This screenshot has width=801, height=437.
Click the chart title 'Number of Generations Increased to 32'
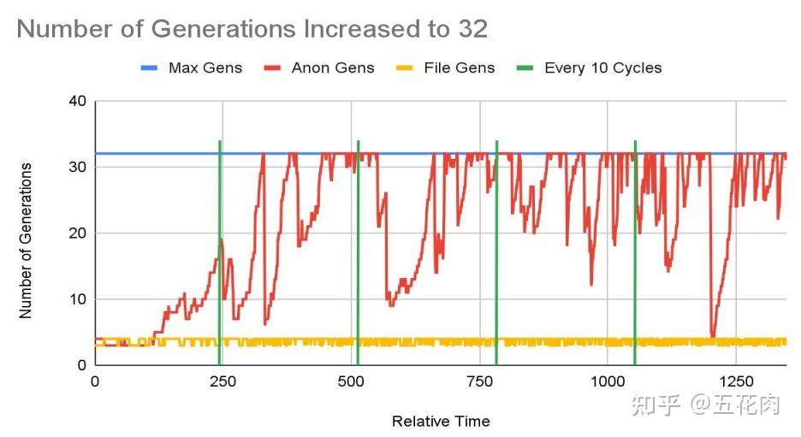252,29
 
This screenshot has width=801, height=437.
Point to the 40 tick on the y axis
78,101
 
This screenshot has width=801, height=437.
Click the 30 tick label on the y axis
78,167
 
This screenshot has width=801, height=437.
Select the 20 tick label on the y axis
78,233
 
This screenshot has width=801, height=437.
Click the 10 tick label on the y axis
78,299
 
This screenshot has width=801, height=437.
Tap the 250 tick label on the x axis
222,381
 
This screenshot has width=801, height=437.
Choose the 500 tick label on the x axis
351,381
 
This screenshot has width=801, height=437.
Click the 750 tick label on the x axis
479,381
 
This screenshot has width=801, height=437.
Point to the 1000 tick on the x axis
607,381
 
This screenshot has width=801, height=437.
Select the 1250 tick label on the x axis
735,381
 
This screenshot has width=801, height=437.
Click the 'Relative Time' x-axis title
441,421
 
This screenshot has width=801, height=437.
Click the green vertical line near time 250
220,257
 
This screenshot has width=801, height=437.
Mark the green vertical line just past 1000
635,257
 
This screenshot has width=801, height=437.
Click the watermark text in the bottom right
706,405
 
